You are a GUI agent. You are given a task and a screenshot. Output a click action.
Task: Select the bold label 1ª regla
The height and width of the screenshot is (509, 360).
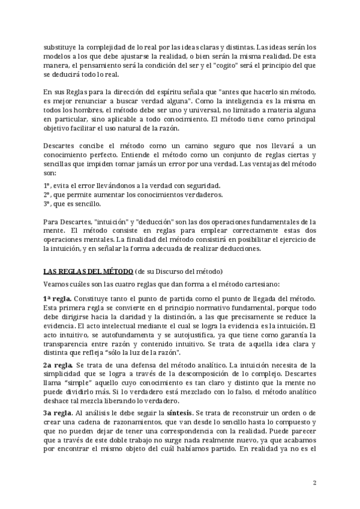[58, 299]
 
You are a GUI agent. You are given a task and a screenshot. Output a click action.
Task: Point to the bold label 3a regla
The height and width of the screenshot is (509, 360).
[58, 414]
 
